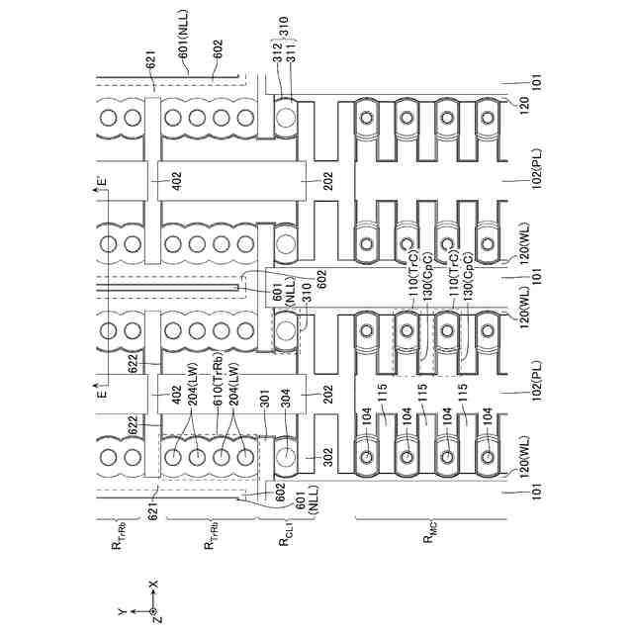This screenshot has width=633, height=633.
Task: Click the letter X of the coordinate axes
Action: [x=153, y=587]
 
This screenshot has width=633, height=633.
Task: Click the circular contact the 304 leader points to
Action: [x=286, y=457]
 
